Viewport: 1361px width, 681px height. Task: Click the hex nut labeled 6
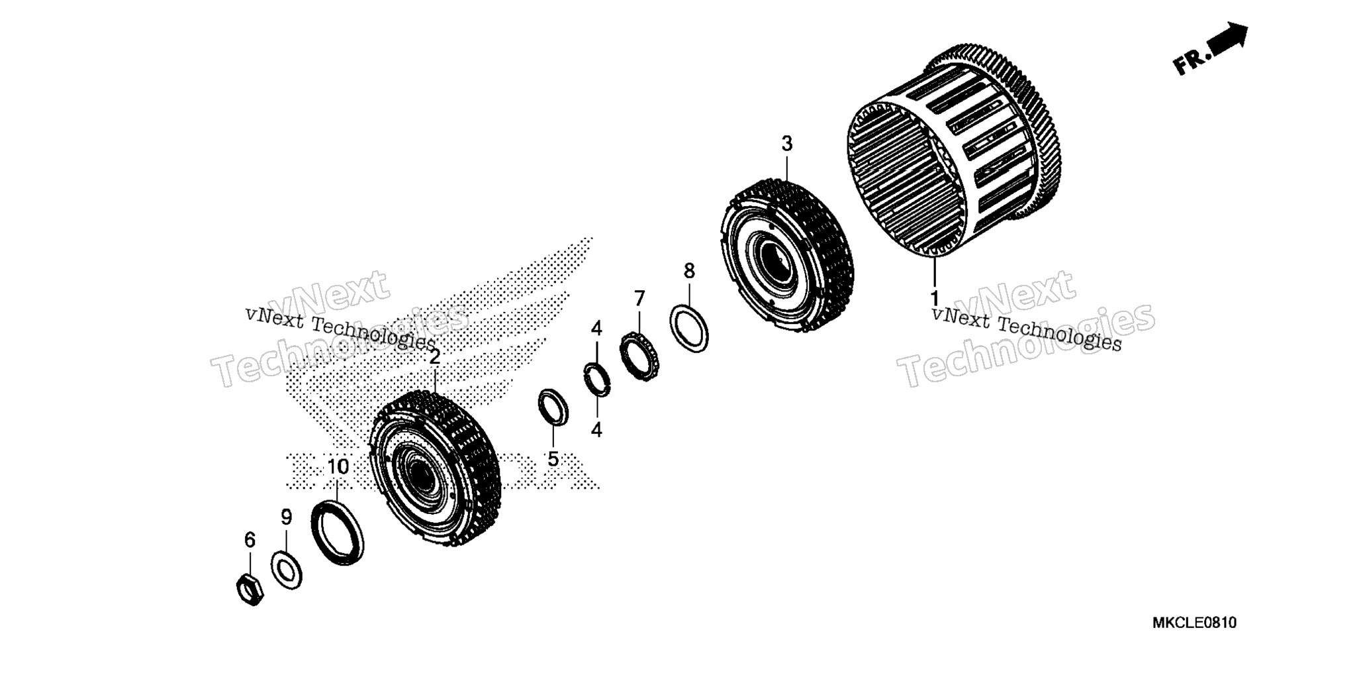pyautogui.click(x=250, y=590)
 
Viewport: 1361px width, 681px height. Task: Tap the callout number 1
pyautogui.click(x=935, y=298)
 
